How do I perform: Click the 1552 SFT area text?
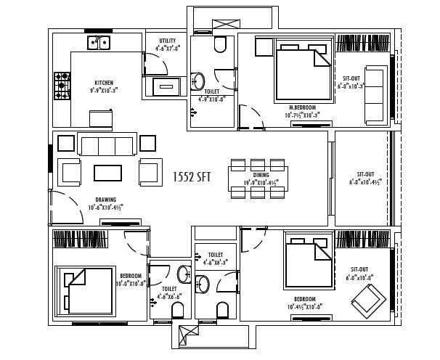[192, 177]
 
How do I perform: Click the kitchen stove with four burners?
[62, 85]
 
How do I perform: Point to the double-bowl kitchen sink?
[99, 42]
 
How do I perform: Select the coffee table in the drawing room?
[108, 173]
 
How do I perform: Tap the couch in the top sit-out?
[375, 94]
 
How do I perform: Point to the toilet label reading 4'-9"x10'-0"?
[211, 96]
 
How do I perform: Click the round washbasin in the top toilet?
[198, 80]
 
